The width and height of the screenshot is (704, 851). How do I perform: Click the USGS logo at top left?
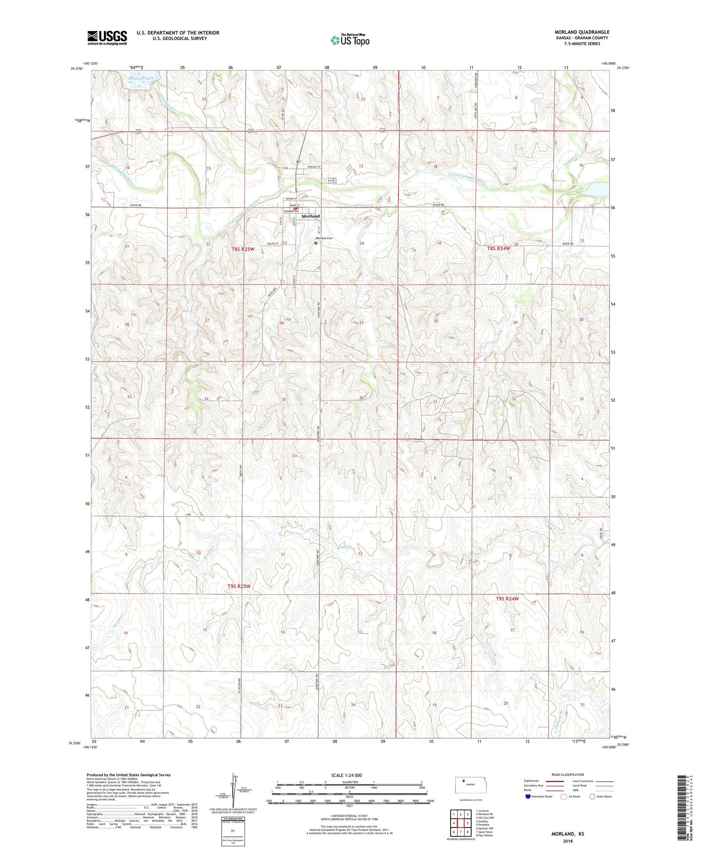107,38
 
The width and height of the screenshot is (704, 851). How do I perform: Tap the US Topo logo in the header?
350,40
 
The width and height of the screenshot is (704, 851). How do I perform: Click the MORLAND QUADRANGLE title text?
582,32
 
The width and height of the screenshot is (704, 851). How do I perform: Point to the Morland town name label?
310,216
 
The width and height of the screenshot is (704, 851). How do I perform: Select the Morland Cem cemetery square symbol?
316,243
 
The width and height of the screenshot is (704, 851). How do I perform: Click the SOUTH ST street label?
273,244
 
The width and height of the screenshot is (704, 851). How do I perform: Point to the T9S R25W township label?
239,586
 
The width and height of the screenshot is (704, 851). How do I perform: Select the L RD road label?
188,515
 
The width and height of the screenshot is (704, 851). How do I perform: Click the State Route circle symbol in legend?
592,796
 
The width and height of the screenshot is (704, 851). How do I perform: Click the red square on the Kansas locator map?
464,782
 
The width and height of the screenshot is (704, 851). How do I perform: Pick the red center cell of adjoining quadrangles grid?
461,823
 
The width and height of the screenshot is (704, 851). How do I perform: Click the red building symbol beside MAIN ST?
296,208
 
